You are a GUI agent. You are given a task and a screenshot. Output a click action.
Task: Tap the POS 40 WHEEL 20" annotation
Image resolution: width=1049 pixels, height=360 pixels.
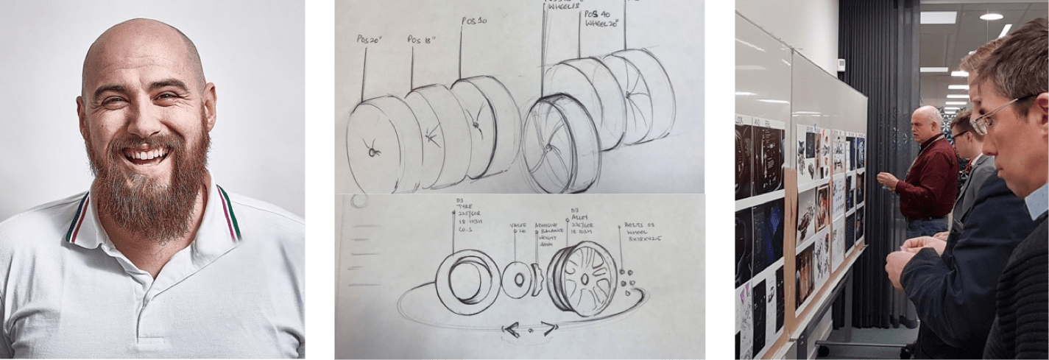pyautogui.click(x=601, y=18)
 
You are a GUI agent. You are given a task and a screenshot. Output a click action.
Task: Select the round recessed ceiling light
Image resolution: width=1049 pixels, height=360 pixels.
pyautogui.click(x=991, y=15)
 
